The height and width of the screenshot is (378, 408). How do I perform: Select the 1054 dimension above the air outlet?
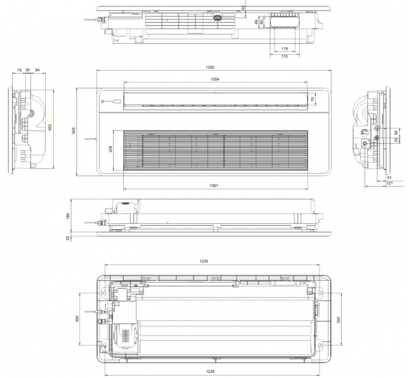[215, 80]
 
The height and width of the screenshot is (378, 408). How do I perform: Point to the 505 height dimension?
[74, 131]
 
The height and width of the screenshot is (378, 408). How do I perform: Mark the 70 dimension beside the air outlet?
[313, 99]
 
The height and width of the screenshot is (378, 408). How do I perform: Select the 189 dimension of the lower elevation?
[69, 215]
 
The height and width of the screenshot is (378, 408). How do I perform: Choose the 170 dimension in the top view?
[285, 56]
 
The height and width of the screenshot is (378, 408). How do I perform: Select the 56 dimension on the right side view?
[396, 133]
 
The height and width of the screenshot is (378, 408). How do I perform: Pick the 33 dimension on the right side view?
[396, 140]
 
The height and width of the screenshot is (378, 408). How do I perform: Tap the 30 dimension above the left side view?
[28, 71]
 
